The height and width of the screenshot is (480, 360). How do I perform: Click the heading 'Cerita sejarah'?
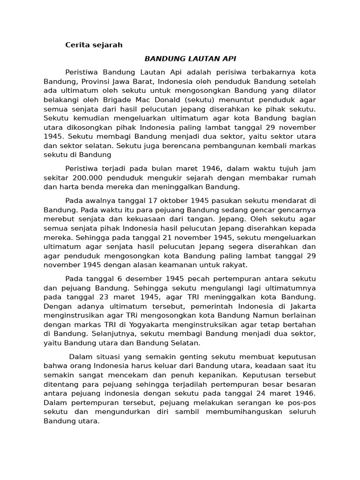pos(93,45)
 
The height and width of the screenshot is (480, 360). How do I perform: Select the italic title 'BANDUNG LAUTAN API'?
pos(190,59)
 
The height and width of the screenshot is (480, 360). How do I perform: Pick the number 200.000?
pos(88,178)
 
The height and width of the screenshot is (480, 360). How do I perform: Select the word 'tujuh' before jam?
pos(280,168)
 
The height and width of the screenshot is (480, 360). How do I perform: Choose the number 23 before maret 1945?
pos(105,297)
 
